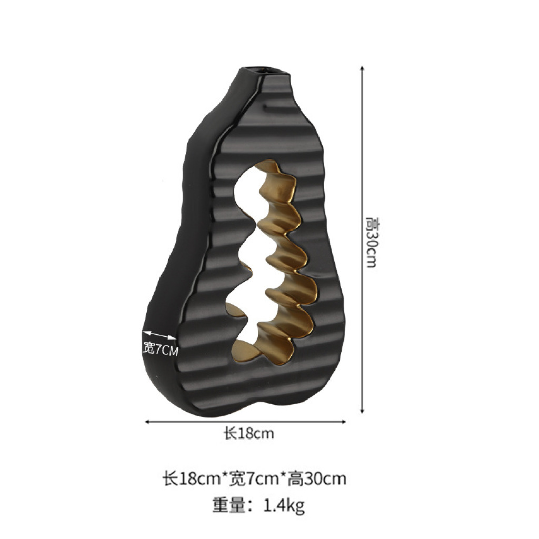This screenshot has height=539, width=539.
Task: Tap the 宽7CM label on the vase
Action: [161, 350]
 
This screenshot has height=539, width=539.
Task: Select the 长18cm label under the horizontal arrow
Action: [249, 434]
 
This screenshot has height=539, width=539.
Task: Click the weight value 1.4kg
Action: [284, 506]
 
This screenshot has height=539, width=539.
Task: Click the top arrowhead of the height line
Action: [362, 68]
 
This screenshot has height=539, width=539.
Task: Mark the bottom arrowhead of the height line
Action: [362, 410]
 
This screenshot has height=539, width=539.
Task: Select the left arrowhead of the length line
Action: [148, 422]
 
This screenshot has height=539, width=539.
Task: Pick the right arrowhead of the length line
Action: [343, 422]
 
